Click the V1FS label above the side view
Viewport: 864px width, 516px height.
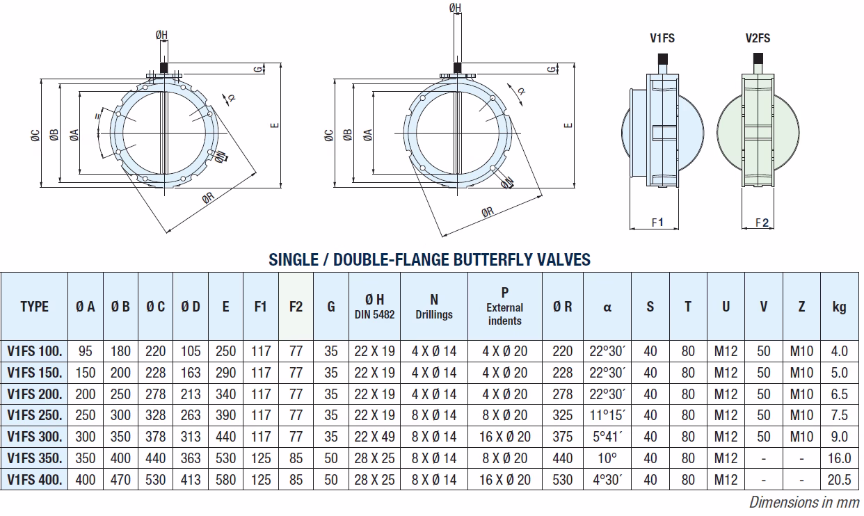(662, 38)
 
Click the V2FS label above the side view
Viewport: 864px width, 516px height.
(758, 38)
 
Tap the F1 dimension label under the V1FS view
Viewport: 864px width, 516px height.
(657, 223)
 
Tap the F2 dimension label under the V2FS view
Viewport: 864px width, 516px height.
(762, 223)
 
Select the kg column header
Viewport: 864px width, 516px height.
(840, 307)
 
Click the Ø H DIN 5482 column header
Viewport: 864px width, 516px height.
(374, 307)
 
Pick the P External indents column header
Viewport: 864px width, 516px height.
(504, 307)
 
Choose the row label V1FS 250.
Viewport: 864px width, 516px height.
(34, 415)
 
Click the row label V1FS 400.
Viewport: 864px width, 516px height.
(34, 480)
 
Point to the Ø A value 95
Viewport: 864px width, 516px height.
(86, 351)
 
